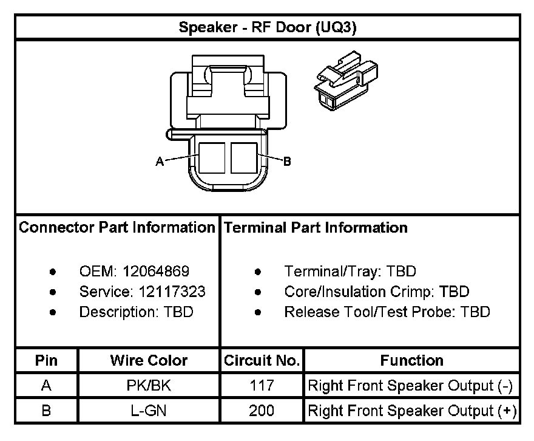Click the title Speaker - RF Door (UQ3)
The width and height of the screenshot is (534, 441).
[267, 28]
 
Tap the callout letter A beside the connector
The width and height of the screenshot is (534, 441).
[160, 162]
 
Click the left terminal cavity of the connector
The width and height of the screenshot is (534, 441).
[212, 156]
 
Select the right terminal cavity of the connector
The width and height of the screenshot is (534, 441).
[245, 156]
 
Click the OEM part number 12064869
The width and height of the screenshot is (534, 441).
[155, 272]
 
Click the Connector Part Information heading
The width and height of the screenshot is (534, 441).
[117, 228]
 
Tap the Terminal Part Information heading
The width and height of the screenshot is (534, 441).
[316, 228]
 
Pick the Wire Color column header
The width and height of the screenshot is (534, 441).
[149, 360]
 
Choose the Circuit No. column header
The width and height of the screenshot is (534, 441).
[262, 360]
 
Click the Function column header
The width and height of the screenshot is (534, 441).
[411, 360]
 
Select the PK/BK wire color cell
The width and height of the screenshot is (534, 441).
[149, 386]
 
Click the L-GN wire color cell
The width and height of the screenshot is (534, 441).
[149, 411]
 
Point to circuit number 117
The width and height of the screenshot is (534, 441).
[262, 386]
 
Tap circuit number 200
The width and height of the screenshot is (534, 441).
[262, 411]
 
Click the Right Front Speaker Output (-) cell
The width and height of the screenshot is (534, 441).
[411, 386]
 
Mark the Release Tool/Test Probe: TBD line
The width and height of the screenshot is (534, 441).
[387, 312]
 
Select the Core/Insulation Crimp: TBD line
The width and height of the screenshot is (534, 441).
[376, 292]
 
